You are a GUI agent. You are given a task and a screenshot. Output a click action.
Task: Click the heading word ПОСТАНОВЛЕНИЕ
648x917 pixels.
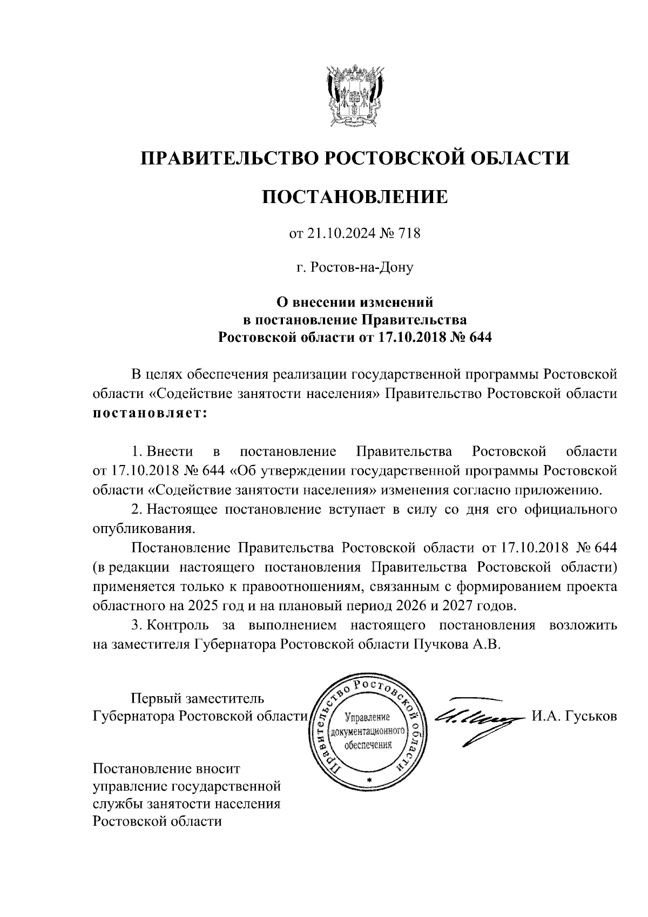point(355,197)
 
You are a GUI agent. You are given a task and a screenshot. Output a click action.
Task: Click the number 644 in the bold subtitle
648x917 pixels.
point(481,338)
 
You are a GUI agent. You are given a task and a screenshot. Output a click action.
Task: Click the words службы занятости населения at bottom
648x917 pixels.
point(187,804)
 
